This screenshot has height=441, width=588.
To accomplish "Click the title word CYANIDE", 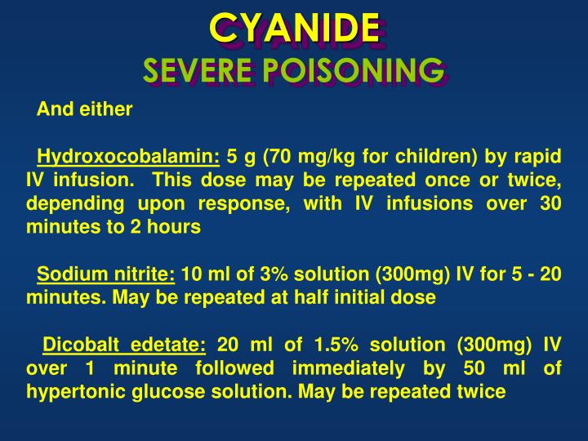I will (x=294, y=29).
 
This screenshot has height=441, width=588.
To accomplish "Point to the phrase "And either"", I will (x=85, y=109).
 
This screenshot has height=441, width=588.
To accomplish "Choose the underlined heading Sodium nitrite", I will (x=106, y=274).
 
